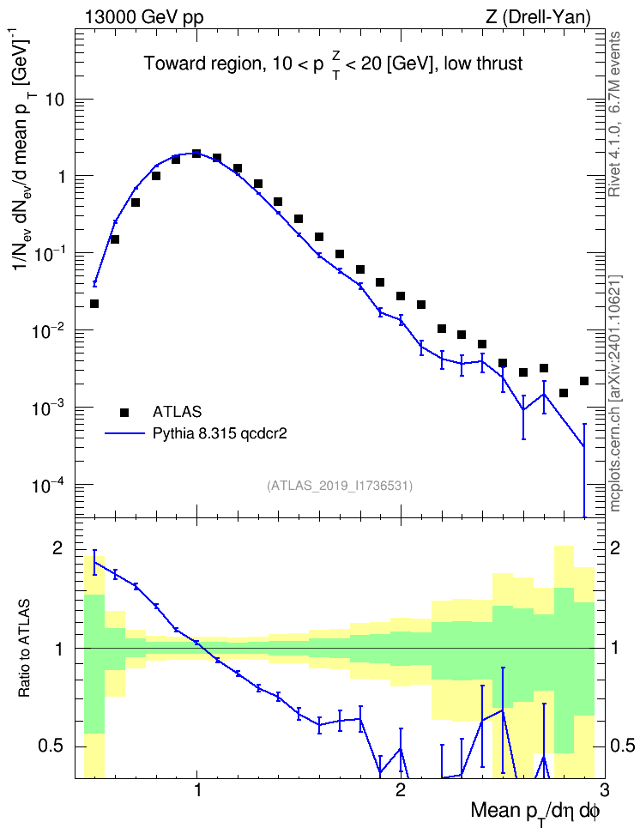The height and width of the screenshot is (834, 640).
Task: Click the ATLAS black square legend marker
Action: click(x=124, y=412)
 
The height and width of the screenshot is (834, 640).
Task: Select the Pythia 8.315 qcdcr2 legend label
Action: click(x=220, y=433)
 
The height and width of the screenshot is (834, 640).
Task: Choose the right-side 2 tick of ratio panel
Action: click(x=615, y=549)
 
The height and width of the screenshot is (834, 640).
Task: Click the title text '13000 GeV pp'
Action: click(x=143, y=18)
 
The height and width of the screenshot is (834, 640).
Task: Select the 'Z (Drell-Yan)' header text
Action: click(x=538, y=18)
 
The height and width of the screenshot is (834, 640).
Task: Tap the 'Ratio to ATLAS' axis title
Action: click(x=25, y=649)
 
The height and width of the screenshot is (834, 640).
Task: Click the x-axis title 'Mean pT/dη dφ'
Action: click(x=535, y=813)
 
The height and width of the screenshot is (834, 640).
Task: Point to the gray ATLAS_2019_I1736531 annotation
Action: click(x=340, y=486)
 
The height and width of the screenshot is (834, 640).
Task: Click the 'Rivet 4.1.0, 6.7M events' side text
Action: click(x=615, y=114)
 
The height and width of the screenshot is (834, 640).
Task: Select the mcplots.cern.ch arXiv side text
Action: click(x=615, y=394)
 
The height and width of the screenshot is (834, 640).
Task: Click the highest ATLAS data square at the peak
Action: click(x=196, y=154)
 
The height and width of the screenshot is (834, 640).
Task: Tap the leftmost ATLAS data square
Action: click(x=94, y=304)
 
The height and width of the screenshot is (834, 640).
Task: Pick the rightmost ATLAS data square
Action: click(x=584, y=381)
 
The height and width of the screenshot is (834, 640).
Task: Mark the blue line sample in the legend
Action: click(x=124, y=433)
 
